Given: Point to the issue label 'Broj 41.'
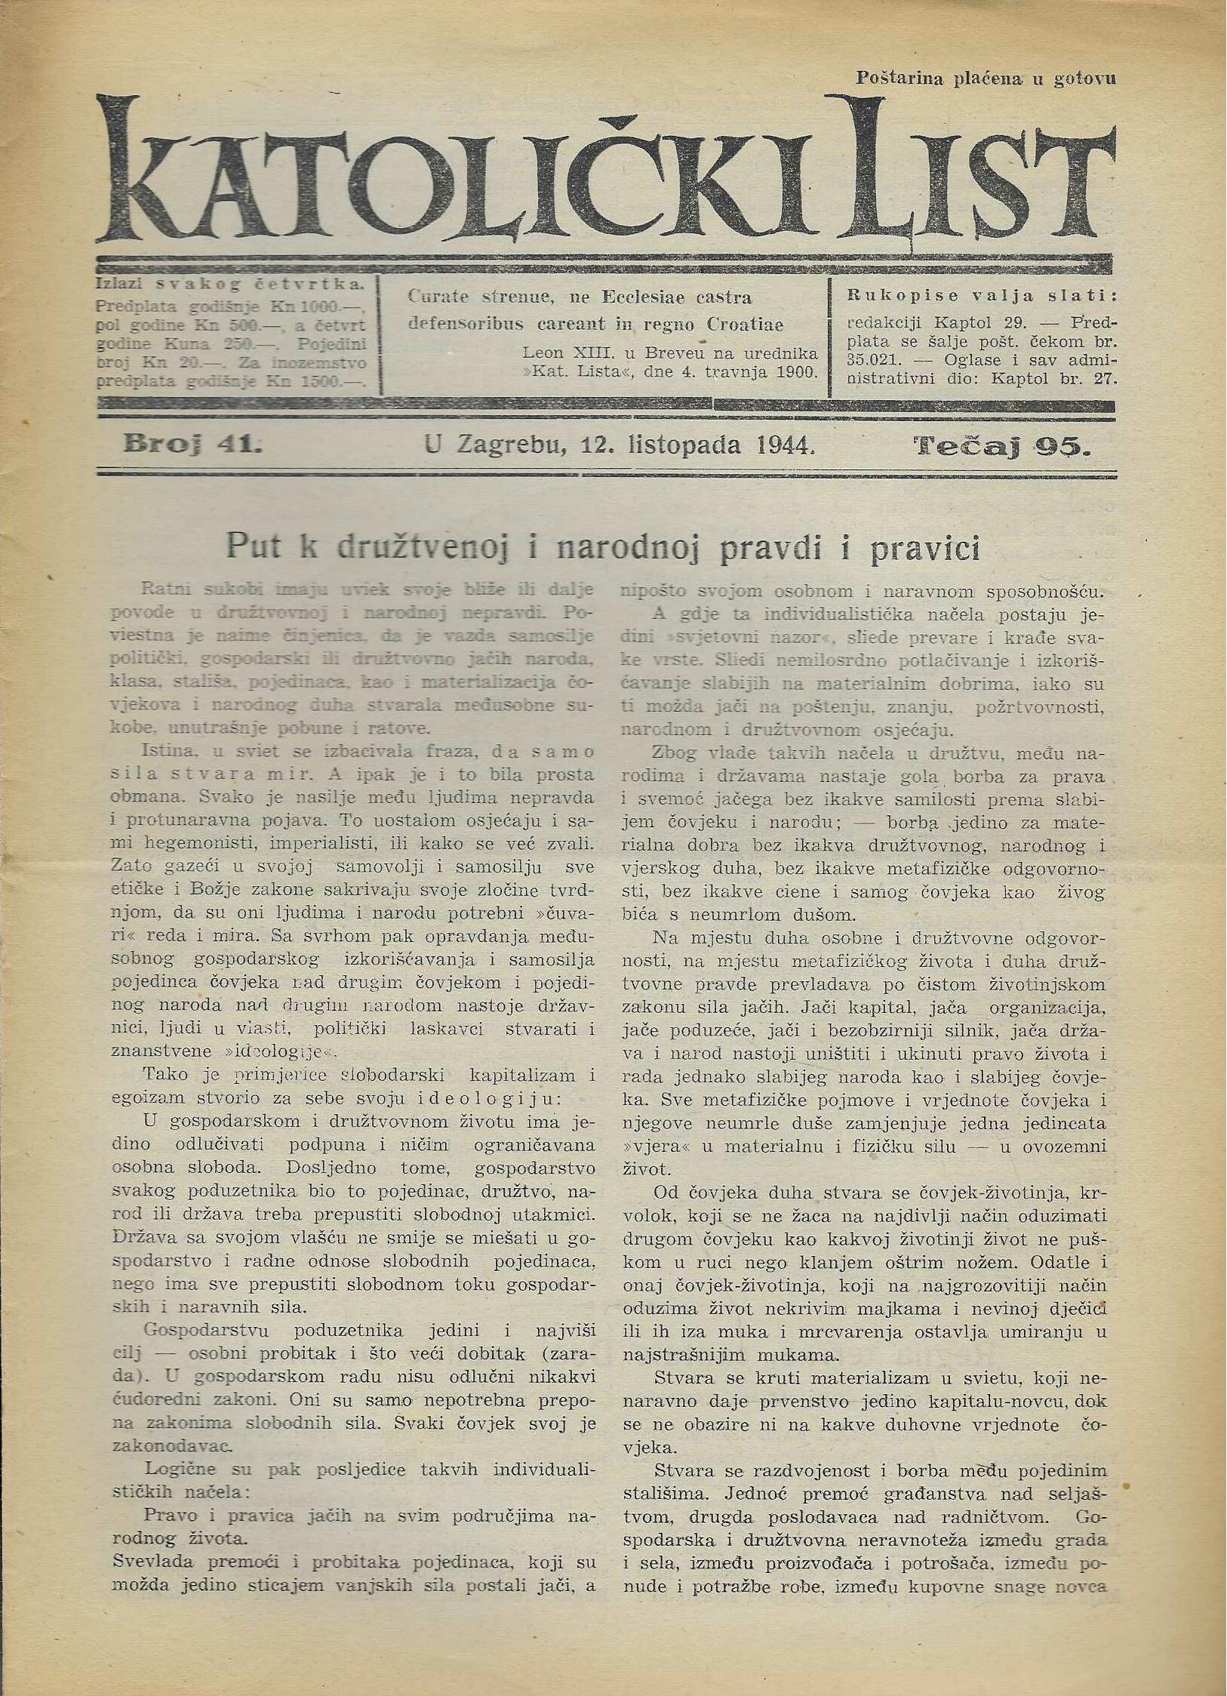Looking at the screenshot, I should click(x=192, y=445).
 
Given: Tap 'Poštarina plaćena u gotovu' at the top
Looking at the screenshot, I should click(x=986, y=77).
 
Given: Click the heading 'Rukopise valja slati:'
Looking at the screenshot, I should click(x=981, y=295).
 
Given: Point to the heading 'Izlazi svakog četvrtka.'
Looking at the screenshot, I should click(x=230, y=285).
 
